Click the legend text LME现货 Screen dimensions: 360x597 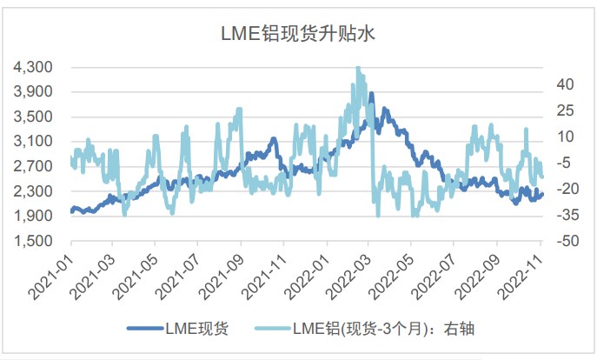[x=197, y=329]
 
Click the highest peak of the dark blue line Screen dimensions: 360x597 [x=371, y=93]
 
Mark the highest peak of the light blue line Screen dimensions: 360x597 [x=358, y=67]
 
